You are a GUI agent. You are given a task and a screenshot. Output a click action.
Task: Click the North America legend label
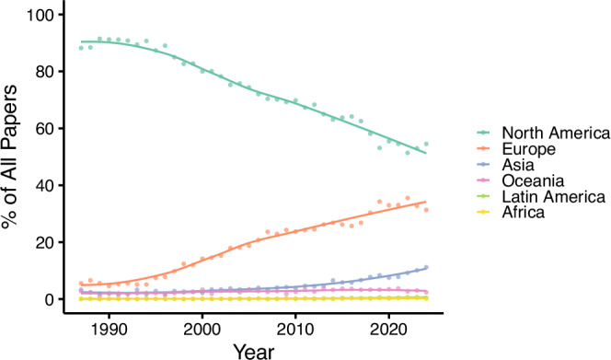(556, 133)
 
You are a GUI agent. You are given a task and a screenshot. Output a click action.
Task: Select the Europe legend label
(529, 149)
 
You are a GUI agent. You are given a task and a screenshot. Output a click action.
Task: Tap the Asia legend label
(518, 165)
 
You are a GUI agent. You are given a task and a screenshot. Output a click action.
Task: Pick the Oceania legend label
(533, 180)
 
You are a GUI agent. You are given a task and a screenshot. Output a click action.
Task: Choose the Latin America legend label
(554, 197)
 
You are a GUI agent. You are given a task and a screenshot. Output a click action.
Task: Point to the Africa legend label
(524, 213)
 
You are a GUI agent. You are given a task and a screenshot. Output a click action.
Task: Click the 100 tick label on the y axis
(40, 15)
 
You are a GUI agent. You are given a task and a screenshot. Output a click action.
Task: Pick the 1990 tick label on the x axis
(109, 330)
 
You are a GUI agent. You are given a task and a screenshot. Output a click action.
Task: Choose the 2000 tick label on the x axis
(202, 330)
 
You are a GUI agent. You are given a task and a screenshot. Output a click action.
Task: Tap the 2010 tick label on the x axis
(295, 330)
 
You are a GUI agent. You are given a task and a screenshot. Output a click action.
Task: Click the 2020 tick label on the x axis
(388, 330)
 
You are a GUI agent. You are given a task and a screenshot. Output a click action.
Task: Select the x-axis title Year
(254, 352)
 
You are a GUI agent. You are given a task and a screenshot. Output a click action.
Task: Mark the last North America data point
(426, 144)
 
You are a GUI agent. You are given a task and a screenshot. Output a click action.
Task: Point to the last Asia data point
(426, 268)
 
